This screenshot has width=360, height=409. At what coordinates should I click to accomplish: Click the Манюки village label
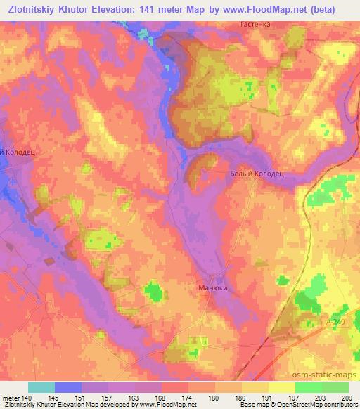click(x=214, y=287)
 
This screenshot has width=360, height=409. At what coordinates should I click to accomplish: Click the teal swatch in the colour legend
click(x=41, y=387)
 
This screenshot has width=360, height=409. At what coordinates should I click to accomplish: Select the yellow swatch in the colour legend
click(x=282, y=387)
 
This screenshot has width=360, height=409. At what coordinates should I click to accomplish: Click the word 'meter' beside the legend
click(x=11, y=398)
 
